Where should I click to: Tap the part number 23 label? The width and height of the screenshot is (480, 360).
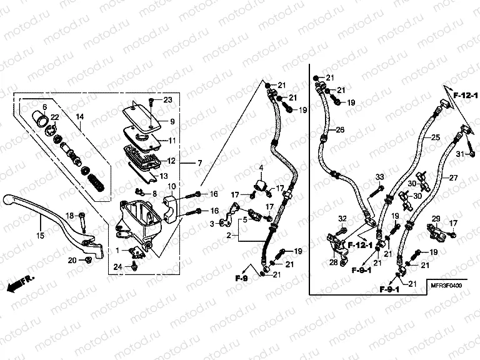pos(167,100)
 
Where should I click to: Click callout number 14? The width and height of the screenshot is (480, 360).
pos(79,117)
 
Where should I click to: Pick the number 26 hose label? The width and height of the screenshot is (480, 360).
pos(340,129)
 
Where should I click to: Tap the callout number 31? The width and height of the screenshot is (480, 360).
pos(457,154)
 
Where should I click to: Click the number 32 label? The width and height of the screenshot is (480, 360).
pos(342,218)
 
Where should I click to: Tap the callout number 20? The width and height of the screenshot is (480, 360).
pos(72,259)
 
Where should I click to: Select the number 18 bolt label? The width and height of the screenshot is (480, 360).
pos(70,215)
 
